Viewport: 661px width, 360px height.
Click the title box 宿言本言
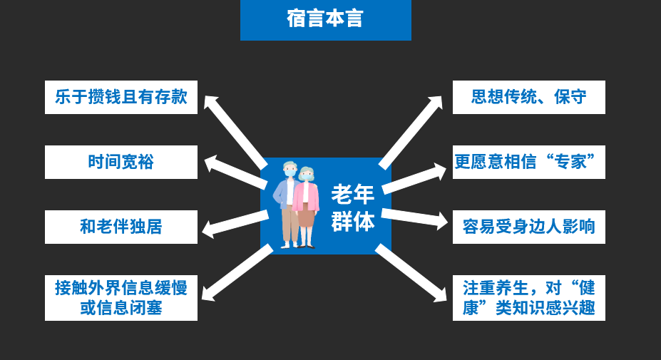pos(325,20)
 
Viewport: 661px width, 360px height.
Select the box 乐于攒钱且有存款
pos(121,97)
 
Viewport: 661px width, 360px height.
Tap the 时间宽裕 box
pos(121,162)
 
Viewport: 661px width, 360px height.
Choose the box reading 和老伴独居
pos(121,227)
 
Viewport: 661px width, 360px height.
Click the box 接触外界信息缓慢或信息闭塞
pos(121,297)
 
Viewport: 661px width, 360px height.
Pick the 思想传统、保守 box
pos(528,97)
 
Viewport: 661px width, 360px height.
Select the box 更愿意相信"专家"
pos(528,162)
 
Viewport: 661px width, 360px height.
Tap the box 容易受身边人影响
pos(528,227)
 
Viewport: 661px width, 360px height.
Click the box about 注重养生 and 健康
pos(528,297)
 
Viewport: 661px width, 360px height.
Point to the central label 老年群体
pos(353,207)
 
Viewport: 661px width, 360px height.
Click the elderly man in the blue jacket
pos(288,203)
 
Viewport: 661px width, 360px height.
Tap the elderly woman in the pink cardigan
pos(307,207)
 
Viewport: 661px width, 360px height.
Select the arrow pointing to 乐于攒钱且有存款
pos(235,131)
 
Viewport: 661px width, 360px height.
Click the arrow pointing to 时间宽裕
pos(235,172)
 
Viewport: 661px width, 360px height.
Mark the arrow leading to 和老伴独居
pos(235,223)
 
